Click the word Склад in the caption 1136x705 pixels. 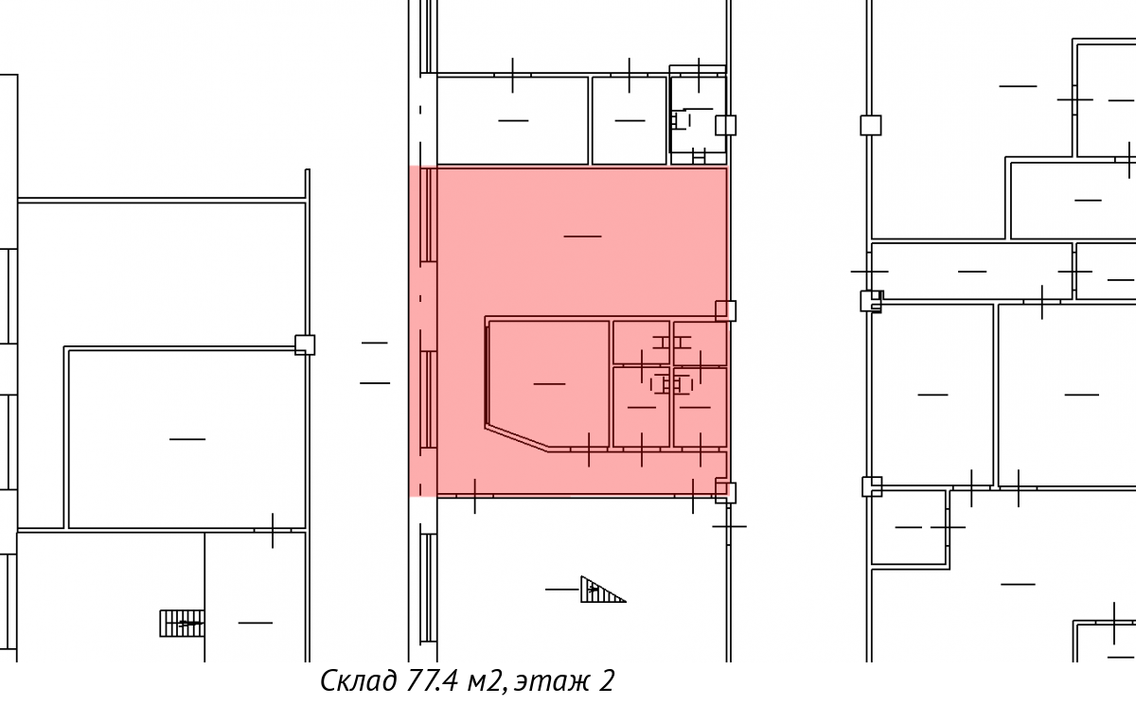tap(359, 680)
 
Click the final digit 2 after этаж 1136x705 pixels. tap(607, 680)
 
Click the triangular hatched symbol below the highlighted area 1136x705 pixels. tap(603, 590)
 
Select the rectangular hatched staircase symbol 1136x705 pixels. tap(182, 624)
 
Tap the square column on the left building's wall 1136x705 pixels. tap(305, 344)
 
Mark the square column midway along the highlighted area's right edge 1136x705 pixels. tap(725, 310)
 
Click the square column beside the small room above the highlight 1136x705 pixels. tap(725, 125)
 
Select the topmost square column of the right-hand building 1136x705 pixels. tap(871, 125)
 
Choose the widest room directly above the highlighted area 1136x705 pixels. tap(513, 120)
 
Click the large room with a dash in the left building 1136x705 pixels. tap(187, 439)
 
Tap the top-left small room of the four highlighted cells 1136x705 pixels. tap(641, 343)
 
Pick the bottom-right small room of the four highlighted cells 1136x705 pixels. tap(700, 408)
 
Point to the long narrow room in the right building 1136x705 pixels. tap(971, 272)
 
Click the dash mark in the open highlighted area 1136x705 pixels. tap(582, 237)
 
